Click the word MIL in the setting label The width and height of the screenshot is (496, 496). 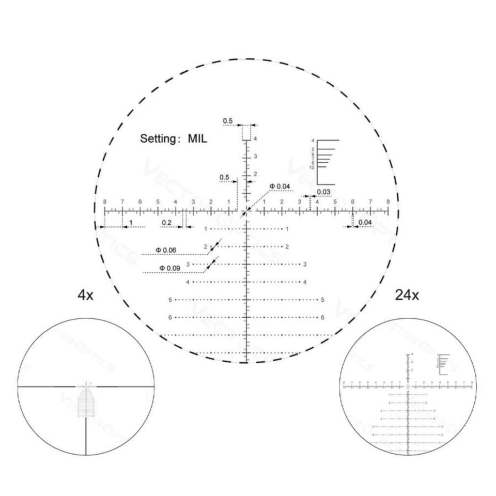pos(197,138)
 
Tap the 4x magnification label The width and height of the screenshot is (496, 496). pos(85,296)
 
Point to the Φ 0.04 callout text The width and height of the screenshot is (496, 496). pos(280,186)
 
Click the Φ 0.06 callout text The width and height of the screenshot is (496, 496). pos(166,251)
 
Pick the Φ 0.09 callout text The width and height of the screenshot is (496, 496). pos(169,268)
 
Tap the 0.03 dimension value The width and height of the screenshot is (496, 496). pos(324,192)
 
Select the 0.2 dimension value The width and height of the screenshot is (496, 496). pos(166,222)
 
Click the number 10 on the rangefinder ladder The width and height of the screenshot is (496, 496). pos(312,167)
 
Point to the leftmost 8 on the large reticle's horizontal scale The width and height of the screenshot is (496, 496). pos(105,202)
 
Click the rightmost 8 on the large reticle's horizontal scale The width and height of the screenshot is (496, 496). pos(388,202)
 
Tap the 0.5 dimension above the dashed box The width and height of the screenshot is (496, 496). pos(228,121)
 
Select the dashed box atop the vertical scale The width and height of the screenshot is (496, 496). pos(247,132)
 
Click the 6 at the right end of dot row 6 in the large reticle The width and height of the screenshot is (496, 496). pos(322,317)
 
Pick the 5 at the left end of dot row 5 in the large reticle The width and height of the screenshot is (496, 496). pos(170,300)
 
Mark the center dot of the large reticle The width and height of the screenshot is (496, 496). pos(247,211)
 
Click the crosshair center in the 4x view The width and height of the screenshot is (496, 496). pos(86,386)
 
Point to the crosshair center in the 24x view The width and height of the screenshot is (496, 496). pos(409,386)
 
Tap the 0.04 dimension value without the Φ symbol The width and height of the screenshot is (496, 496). pos(365,222)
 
